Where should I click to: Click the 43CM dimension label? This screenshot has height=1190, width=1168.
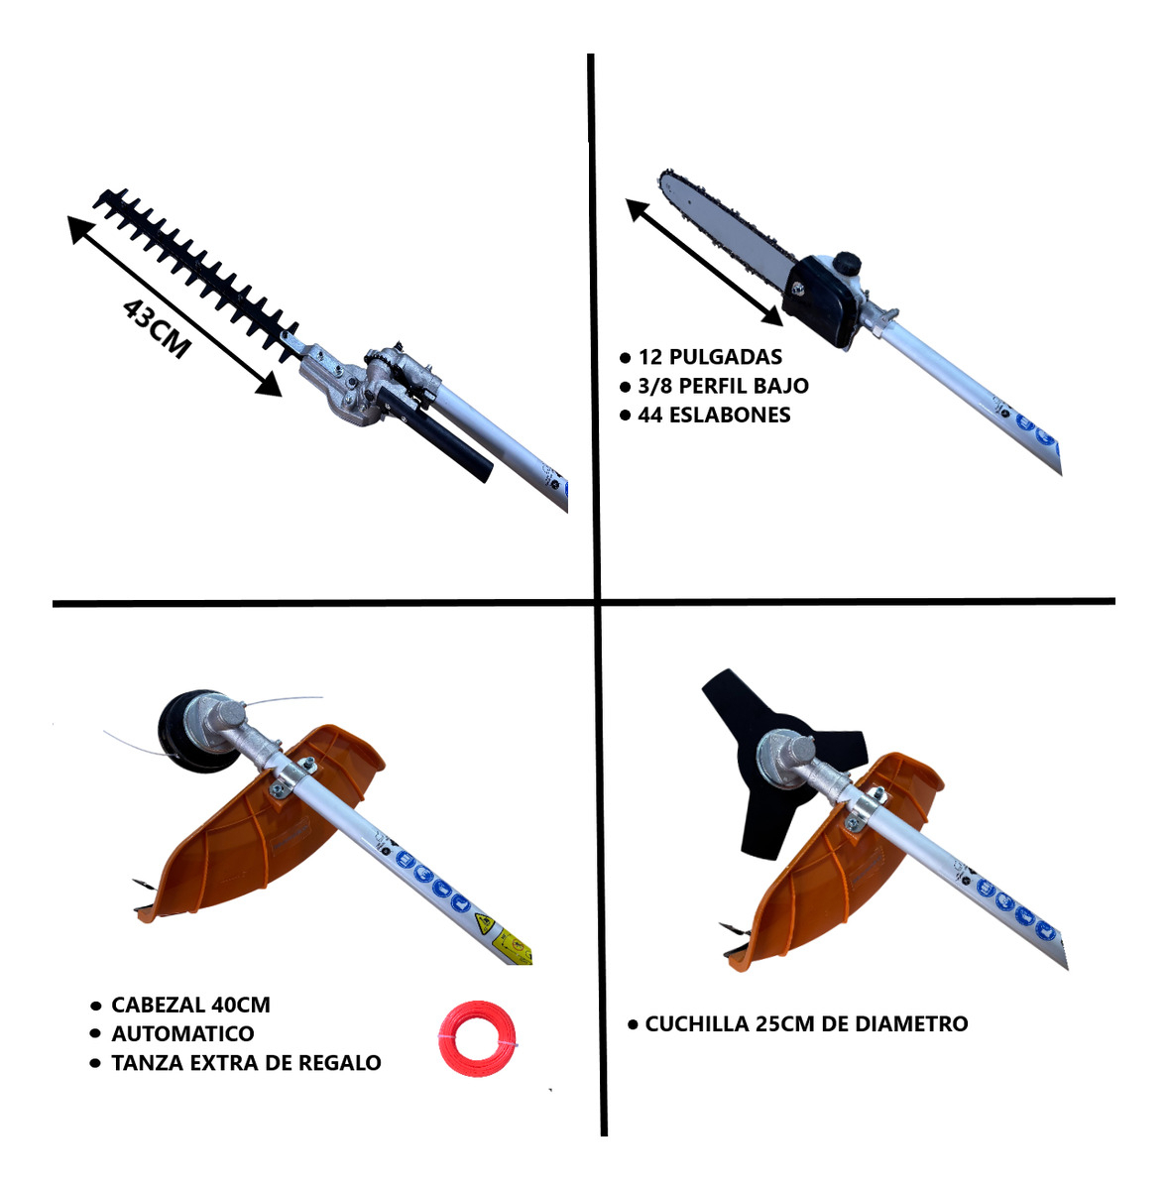pos(157,328)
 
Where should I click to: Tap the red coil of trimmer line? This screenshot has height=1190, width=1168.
pos(477,1038)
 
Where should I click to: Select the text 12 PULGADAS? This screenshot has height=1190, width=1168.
pos(710,357)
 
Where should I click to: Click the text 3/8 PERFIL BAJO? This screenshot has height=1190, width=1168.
pos(723,386)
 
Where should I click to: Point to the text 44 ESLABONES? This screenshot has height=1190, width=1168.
pos(714,415)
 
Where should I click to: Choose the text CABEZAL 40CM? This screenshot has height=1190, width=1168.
pos(190,1005)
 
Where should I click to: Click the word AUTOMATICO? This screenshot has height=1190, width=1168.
pos(182,1033)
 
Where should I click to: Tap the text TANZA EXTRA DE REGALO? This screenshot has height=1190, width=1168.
pos(246,1063)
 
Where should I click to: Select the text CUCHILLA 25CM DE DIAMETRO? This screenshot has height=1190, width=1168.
pos(806,1023)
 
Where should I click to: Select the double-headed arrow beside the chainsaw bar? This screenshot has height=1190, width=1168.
pos(704,262)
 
